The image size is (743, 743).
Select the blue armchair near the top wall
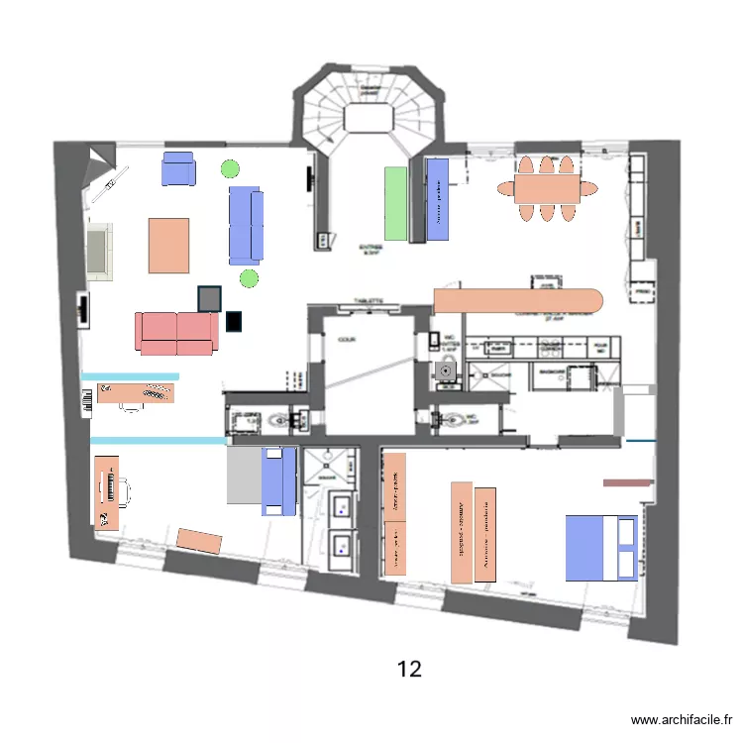pos(179,168)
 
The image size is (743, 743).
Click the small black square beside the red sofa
pos(234,321)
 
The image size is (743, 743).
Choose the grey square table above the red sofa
pos(209,298)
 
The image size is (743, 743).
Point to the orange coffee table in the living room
pos(168,245)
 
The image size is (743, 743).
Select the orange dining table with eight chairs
pos(546,187)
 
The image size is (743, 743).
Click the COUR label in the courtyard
pos(347,339)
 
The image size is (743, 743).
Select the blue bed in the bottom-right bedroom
pos(600,547)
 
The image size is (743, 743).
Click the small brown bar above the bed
pos(627,483)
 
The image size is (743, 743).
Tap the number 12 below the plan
pos(409,669)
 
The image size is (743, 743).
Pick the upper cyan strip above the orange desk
pos(130,376)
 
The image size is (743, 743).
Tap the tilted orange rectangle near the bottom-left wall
pos(199,540)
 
